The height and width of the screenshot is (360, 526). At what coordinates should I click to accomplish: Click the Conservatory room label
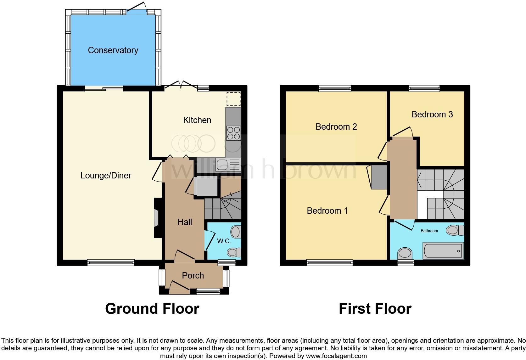[x=113, y=50]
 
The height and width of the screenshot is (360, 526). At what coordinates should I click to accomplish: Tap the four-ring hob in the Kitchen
[x=233, y=133]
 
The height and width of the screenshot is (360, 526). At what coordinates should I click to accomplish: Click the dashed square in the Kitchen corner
[x=233, y=99]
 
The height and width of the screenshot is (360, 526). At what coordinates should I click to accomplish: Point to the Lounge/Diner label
[x=106, y=176]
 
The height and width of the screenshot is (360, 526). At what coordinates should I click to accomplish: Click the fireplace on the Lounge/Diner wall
[x=156, y=218]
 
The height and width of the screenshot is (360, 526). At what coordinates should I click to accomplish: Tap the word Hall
[x=184, y=222]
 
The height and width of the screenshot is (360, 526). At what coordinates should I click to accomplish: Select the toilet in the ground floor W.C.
[x=235, y=232]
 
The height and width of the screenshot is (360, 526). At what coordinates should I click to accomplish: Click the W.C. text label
[x=224, y=241]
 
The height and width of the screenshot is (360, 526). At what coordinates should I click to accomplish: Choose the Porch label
[x=193, y=276]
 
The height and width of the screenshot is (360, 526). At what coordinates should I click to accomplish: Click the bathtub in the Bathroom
[x=443, y=251]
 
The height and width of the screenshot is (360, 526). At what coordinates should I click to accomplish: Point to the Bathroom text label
[x=429, y=231]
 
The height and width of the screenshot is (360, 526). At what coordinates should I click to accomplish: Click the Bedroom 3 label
[x=432, y=115]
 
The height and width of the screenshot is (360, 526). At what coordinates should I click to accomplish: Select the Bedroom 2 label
[x=336, y=127]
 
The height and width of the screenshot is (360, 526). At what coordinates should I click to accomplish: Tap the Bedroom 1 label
[x=327, y=211]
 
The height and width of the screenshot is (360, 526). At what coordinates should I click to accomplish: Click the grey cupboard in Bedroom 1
[x=379, y=177]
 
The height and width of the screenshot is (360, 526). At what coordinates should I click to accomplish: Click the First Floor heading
[x=375, y=309]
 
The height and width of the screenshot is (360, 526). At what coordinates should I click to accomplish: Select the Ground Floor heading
[x=152, y=309]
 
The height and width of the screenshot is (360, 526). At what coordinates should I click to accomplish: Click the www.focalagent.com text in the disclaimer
[x=336, y=356]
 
